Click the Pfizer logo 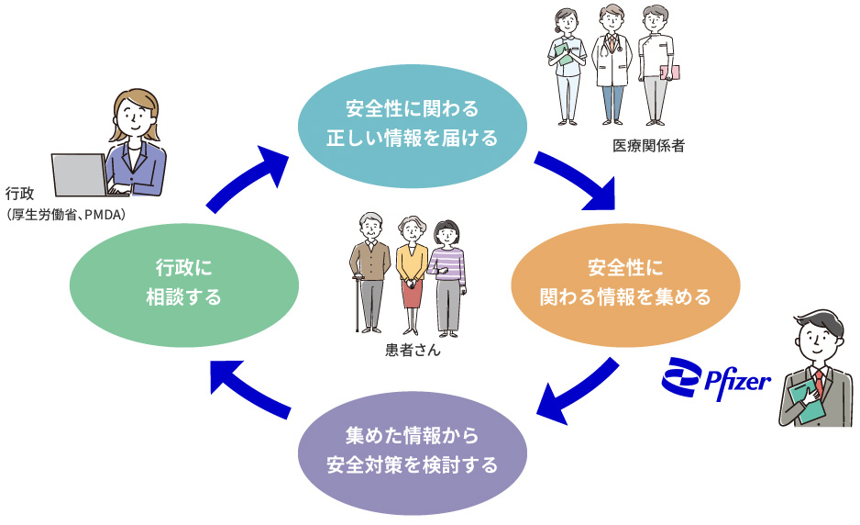click(716, 377)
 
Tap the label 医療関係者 click(648, 145)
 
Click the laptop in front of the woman click(81, 174)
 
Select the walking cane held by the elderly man click(357, 304)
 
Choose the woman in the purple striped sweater click(447, 271)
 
